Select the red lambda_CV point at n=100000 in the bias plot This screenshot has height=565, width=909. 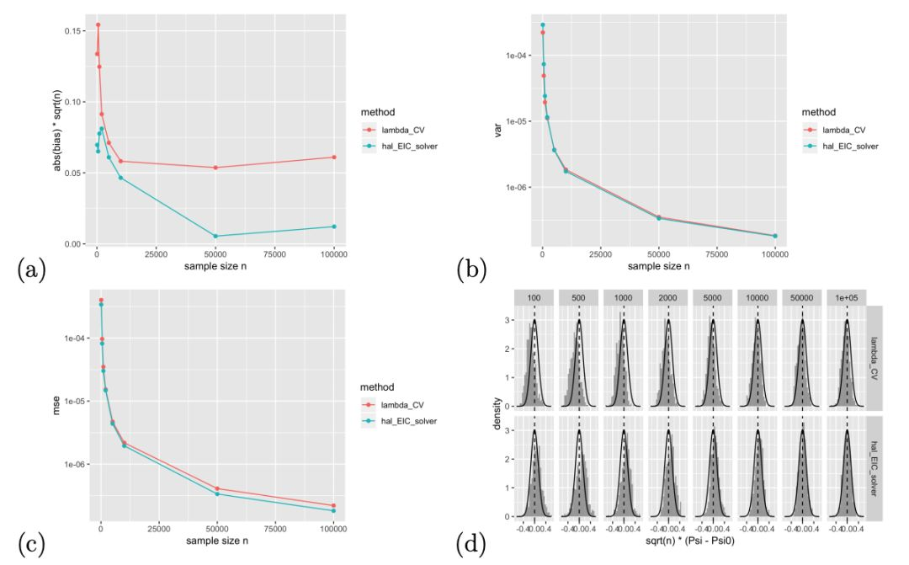[334, 157]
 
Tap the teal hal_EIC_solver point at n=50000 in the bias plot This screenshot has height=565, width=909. [215, 236]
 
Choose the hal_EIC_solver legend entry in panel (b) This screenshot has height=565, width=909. [851, 146]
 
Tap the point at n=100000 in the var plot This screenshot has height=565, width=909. [774, 236]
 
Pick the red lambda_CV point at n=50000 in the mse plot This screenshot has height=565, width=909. [217, 488]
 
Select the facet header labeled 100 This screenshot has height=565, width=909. [534, 298]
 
